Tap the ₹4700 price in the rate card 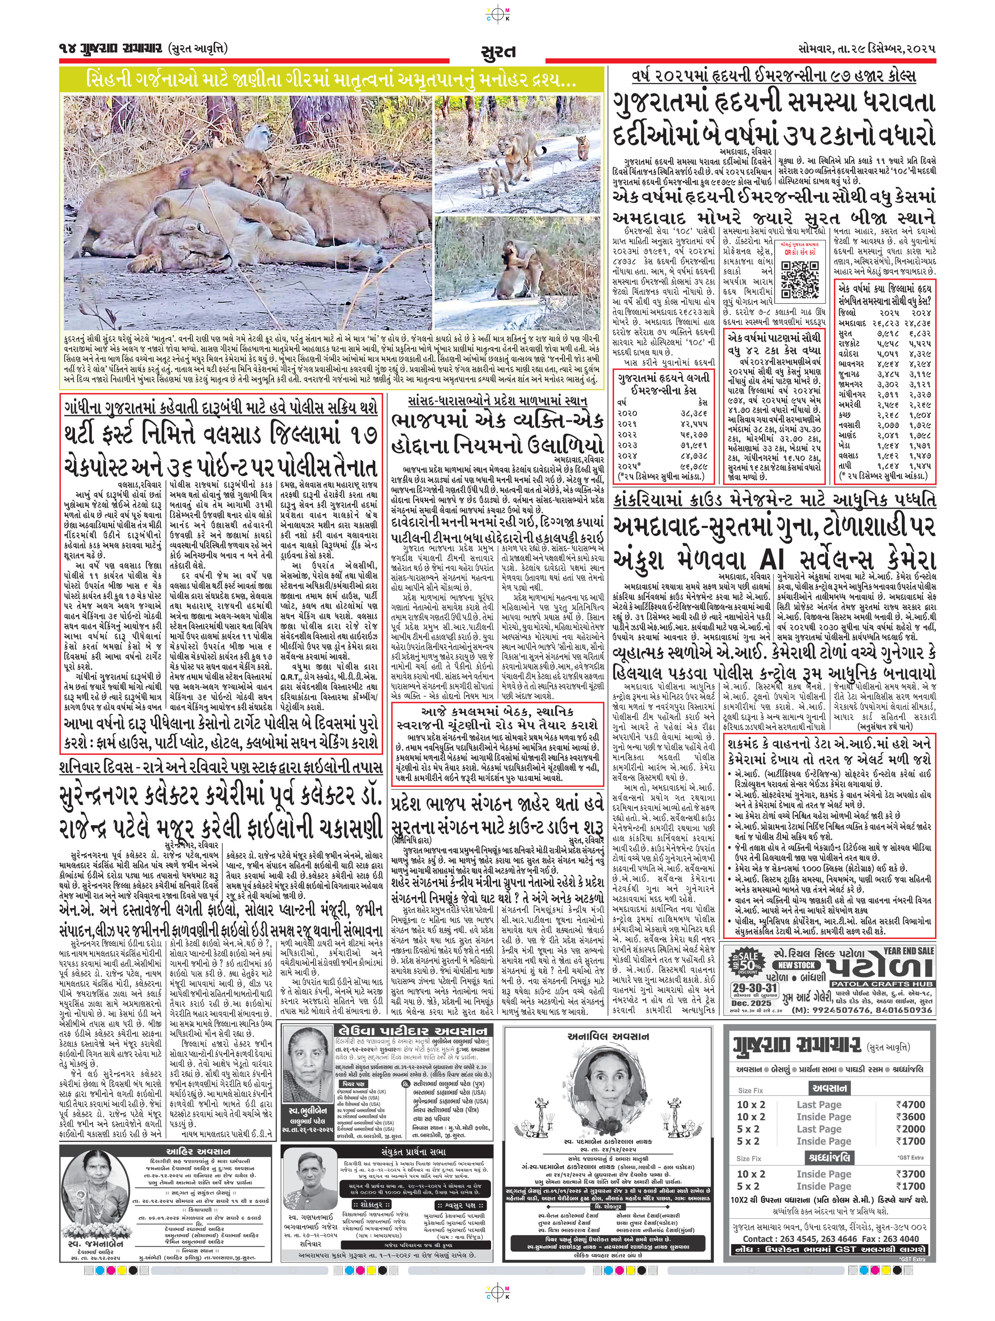pos(911,1104)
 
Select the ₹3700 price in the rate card pos(911,1174)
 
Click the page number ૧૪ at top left pos(66,48)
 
